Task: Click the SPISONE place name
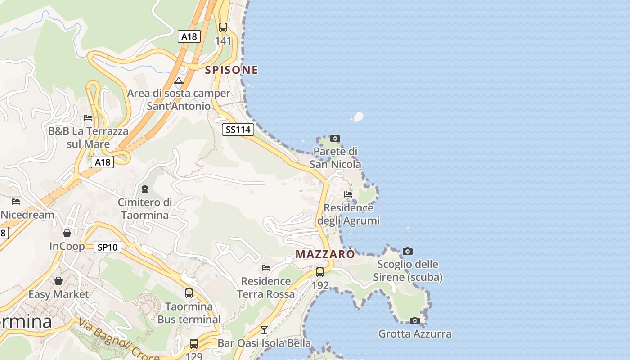pos(231,70)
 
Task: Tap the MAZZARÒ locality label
pos(325,254)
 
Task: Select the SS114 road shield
pos(238,130)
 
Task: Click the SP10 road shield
pos(108,247)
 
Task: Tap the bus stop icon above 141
pos(223,27)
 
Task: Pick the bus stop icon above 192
pos(320,272)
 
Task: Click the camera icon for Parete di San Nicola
pos(335,138)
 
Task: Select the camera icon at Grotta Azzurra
pos(415,320)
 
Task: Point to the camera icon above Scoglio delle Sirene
pos(408,251)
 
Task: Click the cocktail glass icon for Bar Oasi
pos(264,330)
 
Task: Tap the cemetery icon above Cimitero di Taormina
pos(145,189)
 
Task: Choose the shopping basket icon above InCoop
pos(67,233)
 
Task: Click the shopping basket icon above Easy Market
pos(58,281)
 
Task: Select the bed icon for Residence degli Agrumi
pos(348,194)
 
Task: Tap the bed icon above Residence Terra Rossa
pos(266,268)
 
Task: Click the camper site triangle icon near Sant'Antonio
pos(179,81)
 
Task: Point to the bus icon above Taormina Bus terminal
pos(189,293)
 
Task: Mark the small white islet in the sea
pos(358,117)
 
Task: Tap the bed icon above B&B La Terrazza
pos(88,118)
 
